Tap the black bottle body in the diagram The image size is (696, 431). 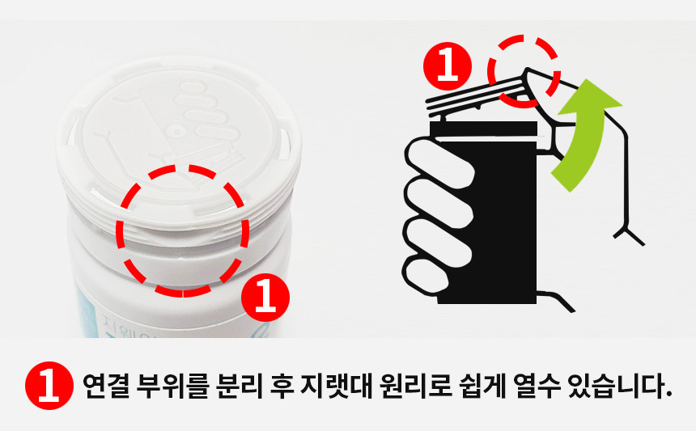487,213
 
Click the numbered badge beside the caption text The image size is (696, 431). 49,386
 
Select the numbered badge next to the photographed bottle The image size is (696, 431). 265,298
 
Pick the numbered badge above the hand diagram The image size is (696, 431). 448,66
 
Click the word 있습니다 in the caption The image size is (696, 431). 619,387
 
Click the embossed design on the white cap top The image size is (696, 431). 176,129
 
